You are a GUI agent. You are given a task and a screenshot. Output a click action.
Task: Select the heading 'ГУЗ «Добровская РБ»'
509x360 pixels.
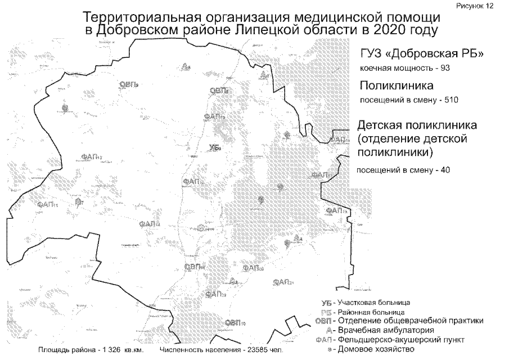click(422, 54)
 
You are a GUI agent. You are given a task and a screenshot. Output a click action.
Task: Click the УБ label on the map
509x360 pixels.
click(213, 147)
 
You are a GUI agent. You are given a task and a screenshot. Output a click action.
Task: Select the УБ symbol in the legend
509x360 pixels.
click(321, 303)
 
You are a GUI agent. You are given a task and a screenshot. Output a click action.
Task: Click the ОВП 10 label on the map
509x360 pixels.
click(235, 322)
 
